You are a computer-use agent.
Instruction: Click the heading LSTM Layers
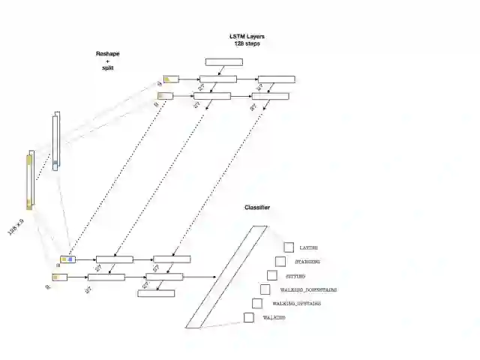pos(247,37)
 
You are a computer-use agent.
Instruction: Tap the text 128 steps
pos(247,44)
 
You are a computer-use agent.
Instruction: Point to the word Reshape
pos(108,55)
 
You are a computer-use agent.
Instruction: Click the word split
pos(108,69)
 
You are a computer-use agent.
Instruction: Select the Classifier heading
pos(257,208)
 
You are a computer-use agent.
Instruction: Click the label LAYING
pos(308,247)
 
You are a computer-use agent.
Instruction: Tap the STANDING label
pos(307,262)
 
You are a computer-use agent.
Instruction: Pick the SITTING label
pos(296,276)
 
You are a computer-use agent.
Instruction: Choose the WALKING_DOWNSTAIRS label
pos(308,289)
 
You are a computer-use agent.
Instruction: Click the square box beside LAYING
pos(289,247)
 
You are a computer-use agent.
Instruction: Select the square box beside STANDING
pos(280,261)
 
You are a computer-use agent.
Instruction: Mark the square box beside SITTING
pos(271,275)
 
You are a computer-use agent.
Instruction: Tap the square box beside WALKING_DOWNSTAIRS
pos(265,289)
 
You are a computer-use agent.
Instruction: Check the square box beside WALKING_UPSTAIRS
pos(256,303)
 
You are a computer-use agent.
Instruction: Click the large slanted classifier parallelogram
pos(226,277)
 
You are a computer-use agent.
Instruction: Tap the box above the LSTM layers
pos(223,62)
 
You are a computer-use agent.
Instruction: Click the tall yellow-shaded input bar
pos(30,181)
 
